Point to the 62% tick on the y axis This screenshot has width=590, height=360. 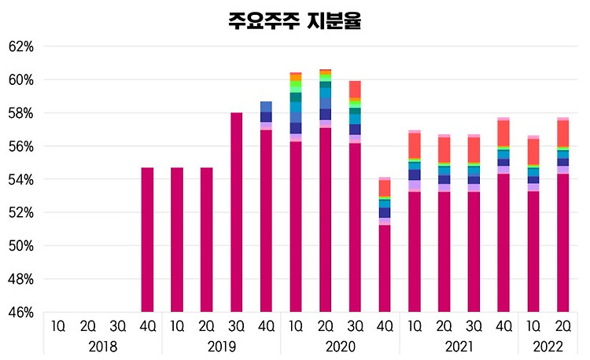pos(21,46)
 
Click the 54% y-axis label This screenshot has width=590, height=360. pos(21,179)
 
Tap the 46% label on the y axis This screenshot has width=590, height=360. pos(21,312)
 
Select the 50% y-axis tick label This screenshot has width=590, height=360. pos(21,246)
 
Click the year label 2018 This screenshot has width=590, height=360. pos(102,347)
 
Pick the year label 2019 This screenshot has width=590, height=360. pos(221,347)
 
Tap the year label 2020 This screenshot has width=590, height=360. pos(340,347)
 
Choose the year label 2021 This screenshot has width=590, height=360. pos(458,347)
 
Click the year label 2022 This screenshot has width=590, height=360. pos(547,347)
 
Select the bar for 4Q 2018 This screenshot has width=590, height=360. pos(147,240)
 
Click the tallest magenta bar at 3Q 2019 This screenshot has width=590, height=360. pos(236,212)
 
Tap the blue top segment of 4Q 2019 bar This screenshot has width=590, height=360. pos(266,106)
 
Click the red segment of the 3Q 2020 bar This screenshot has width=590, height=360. pos(355,88)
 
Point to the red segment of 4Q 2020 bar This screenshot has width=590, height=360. pos(385,188)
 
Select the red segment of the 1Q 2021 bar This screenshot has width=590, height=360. pos(414,145)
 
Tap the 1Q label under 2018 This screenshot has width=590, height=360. pos(58,325)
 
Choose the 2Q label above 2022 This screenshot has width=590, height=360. pos(562,325)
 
